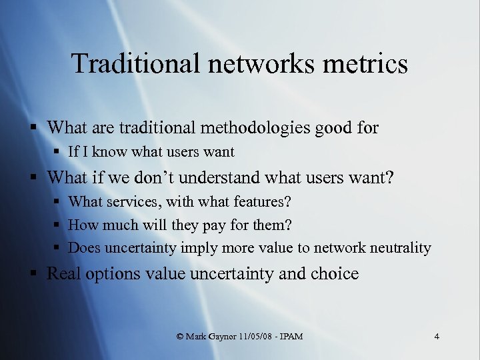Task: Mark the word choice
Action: (335, 274)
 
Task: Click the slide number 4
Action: (436, 337)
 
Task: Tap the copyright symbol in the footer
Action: (180, 337)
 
